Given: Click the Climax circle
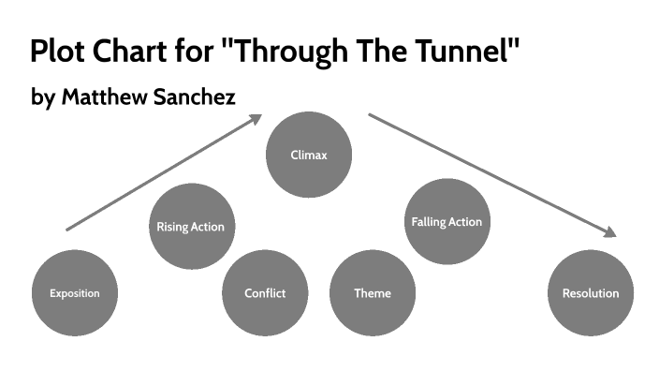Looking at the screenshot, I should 309,155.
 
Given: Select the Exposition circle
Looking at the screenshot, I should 75,293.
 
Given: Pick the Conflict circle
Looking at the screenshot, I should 265,293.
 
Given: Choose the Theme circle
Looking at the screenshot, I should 373,293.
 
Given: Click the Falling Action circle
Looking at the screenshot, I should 447,222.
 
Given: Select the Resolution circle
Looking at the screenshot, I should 590,293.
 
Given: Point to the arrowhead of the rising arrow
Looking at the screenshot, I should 256,118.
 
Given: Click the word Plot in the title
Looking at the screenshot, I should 59,51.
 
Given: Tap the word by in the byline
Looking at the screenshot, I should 42,97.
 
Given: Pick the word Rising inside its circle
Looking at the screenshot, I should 171,227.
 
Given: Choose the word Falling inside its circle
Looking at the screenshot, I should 430,222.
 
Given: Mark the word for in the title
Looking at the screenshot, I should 198,51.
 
